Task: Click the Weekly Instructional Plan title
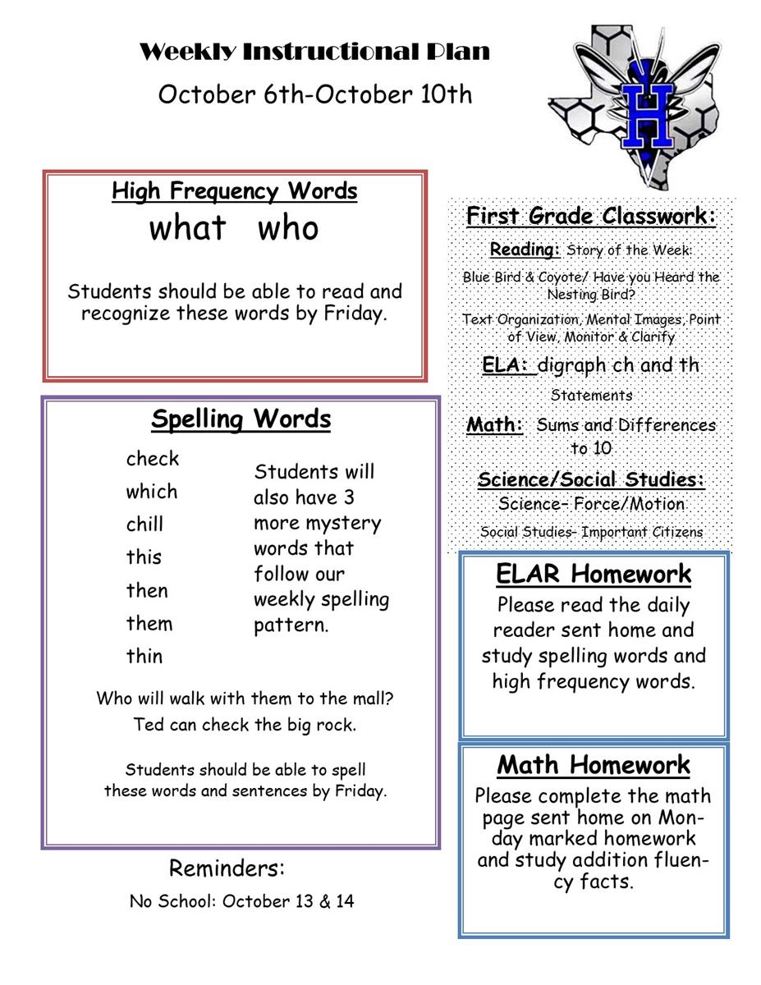pos(314,53)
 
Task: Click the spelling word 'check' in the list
pos(153,459)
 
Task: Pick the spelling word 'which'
pos(152,492)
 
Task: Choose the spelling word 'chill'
pos(145,525)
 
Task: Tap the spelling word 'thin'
pos(144,656)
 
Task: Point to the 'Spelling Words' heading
pos(241,419)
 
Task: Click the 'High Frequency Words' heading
pos(235,191)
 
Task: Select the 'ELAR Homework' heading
pos(594,574)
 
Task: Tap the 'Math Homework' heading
pos(594,765)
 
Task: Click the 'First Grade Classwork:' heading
pos(591,217)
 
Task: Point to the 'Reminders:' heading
pos(227,868)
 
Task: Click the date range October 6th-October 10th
pos(315,94)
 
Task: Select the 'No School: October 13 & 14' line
pos(242,901)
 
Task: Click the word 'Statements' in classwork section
pos(591,396)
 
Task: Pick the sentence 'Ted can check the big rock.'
pos(245,726)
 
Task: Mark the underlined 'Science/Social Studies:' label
pos(591,479)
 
